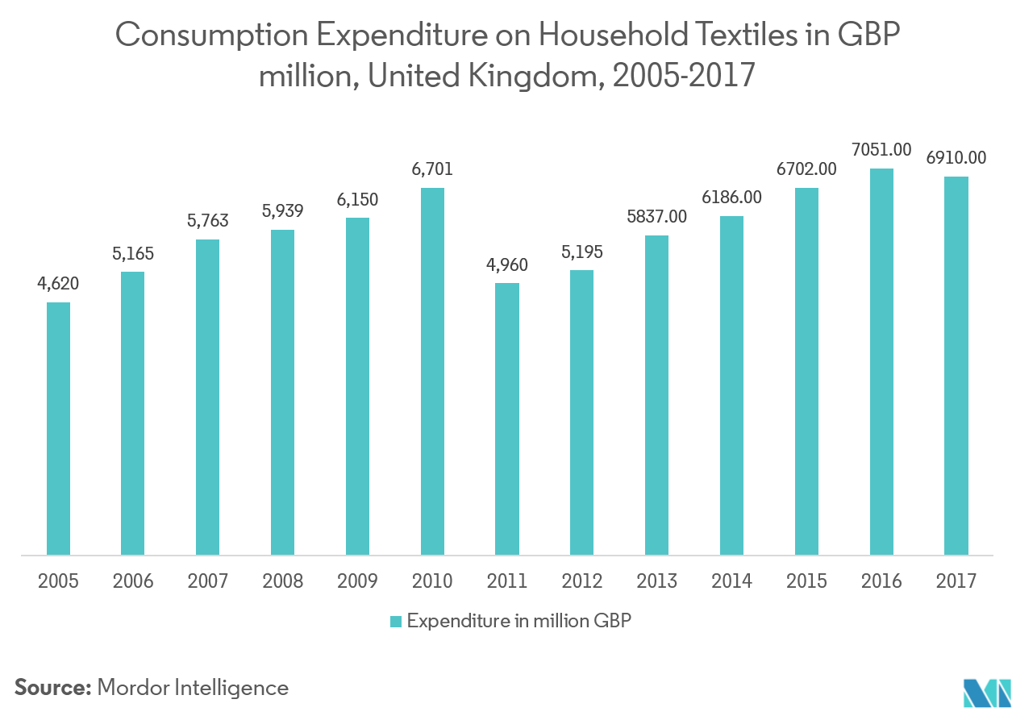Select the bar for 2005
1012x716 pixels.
(58, 428)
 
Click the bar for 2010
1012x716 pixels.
(432, 371)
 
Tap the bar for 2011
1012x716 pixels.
(507, 418)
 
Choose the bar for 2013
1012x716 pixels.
(657, 395)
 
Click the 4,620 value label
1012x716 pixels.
(57, 285)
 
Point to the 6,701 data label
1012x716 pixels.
(432, 169)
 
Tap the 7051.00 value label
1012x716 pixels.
(881, 149)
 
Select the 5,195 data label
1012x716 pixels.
(582, 252)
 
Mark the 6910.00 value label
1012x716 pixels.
(956, 158)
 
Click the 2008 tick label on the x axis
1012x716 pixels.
(282, 581)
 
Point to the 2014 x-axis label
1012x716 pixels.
(732, 581)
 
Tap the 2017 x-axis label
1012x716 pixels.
(956, 581)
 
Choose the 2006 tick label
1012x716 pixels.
(133, 581)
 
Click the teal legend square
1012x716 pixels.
(395, 621)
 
